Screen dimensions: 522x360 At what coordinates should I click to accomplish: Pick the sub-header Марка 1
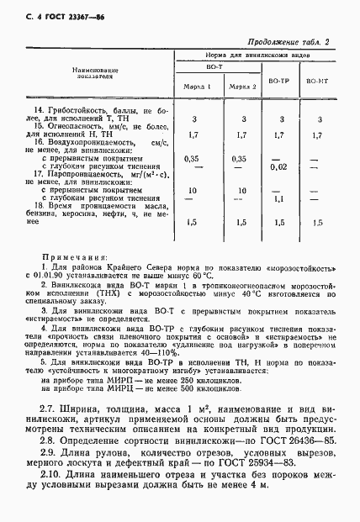point(197,86)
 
